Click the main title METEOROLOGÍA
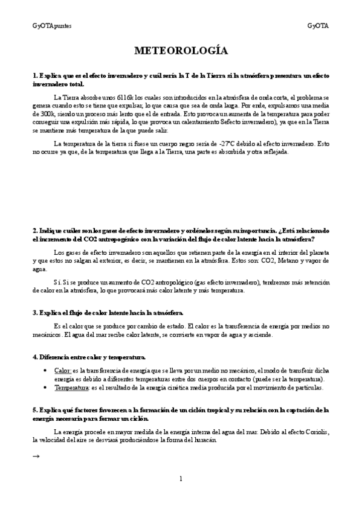[181, 51]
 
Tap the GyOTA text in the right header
[318, 25]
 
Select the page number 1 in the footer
[181, 479]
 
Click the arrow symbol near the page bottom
[36, 456]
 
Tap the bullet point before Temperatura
[47, 388]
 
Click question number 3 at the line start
[34, 312]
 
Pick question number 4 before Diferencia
[34, 357]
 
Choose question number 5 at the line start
[34, 410]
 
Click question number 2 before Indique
[34, 231]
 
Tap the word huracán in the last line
[202, 440]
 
